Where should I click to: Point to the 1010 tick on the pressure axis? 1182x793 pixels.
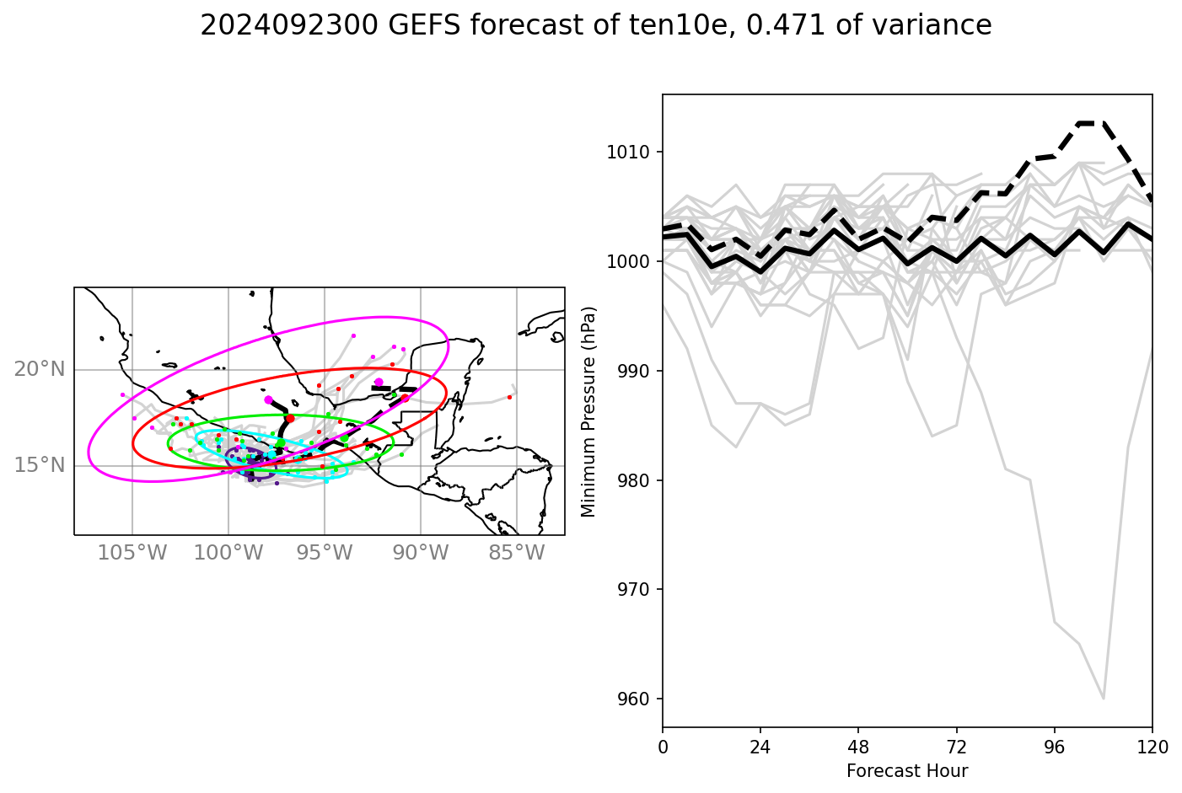[630, 153]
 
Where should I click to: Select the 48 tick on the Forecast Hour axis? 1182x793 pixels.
[858, 747]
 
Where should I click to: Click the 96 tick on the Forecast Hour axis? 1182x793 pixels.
[1054, 747]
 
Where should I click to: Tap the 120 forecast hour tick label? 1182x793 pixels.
[1152, 747]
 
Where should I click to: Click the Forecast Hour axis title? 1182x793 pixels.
[907, 771]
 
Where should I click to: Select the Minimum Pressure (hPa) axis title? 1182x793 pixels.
[588, 411]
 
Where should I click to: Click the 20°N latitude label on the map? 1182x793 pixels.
[39, 369]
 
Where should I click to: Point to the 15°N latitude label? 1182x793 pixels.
[39, 465]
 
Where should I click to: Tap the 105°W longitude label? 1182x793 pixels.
[132, 554]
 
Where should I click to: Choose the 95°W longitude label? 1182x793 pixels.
[325, 554]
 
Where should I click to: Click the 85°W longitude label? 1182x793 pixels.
[516, 554]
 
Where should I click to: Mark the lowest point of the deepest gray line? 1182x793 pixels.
[1103, 699]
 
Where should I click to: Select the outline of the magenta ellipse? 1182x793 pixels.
[384, 318]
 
